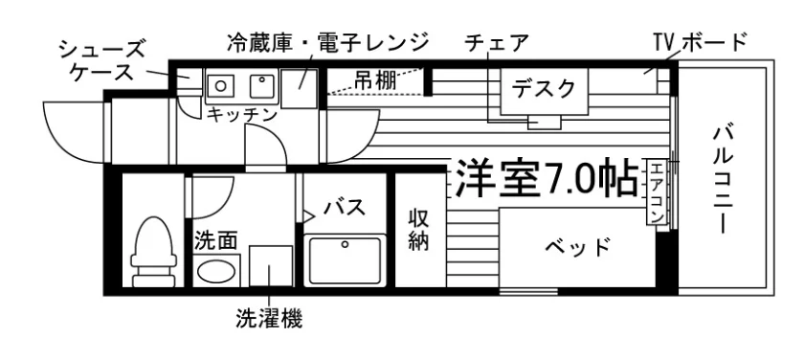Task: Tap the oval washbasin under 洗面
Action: [216, 271]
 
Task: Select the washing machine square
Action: [271, 265]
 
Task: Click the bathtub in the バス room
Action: [345, 260]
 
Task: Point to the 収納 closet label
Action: [418, 230]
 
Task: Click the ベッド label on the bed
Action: [577, 248]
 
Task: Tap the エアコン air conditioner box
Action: [657, 192]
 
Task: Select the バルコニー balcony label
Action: [723, 179]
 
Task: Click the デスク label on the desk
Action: [544, 89]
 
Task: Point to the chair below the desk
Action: [545, 122]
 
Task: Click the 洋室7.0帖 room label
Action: [547, 177]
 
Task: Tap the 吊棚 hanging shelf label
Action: [375, 80]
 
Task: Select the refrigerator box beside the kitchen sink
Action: [299, 88]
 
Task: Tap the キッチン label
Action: [242, 114]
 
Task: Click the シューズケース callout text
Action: [102, 61]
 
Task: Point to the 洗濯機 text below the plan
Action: [269, 319]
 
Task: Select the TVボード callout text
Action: [700, 42]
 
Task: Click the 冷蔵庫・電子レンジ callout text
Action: [327, 42]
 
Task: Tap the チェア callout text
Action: [497, 43]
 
